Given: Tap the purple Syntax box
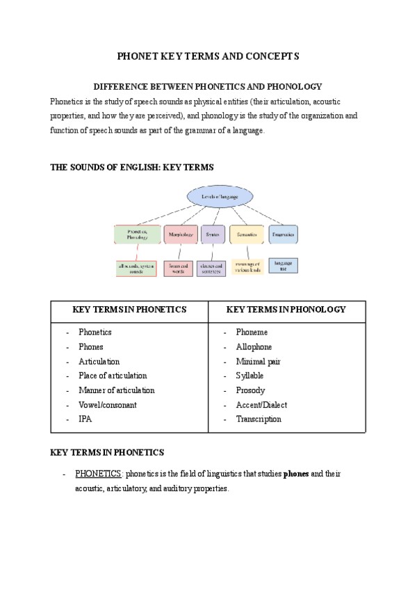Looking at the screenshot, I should [212, 234].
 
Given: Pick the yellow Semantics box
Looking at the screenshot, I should [247, 234].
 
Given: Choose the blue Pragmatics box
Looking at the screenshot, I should [283, 234].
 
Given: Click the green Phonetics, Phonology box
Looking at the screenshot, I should [137, 234].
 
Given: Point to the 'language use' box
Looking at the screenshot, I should [283, 266].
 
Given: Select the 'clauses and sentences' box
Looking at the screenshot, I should [211, 268].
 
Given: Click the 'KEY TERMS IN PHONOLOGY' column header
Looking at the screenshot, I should [286, 310].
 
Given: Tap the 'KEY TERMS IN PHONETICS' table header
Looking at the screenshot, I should [129, 310].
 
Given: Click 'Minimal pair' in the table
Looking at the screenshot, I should [258, 362].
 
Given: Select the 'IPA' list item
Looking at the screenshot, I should [85, 420].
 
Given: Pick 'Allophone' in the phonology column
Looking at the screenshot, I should [254, 347].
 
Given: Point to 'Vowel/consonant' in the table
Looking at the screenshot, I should [108, 405].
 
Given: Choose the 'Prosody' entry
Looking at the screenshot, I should [250, 390].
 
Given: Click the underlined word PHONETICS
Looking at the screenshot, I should [98, 474].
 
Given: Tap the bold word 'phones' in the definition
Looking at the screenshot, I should [296, 474].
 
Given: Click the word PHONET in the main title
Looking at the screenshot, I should [138, 56].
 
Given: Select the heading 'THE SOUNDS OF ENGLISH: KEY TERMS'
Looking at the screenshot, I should [132, 168].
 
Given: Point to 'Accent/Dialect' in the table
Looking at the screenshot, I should [261, 405].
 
